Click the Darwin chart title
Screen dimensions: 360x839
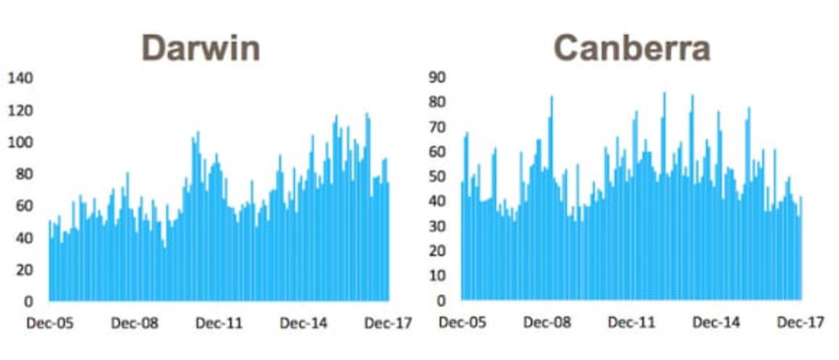coord(200,48)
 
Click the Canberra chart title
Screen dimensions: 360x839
coord(631,48)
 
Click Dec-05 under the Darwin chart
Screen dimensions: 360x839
coord(50,324)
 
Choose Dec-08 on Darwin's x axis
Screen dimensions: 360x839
coord(135,324)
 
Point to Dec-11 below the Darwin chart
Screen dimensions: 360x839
coord(220,324)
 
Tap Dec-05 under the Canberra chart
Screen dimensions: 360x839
coord(462,324)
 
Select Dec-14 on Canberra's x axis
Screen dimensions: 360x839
coord(716,324)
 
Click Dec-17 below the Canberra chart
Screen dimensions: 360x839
coord(801,324)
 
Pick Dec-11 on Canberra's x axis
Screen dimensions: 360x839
coord(631,324)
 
